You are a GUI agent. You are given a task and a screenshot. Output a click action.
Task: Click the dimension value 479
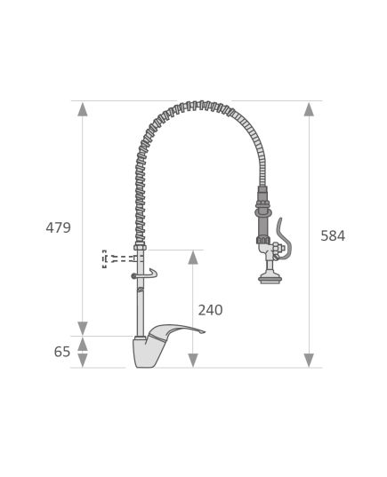pos(58,227)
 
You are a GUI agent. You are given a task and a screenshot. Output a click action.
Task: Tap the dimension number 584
pos(333,235)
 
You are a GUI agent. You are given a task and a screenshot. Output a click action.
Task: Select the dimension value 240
pos(210,310)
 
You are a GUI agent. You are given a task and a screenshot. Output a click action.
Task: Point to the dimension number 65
pos(62,352)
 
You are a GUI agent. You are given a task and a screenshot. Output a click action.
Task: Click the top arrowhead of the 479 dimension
pos(83,109)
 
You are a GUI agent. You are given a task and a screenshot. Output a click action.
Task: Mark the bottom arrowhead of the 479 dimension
pos(83,329)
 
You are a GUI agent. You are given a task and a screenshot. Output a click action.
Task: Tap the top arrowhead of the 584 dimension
pos(309,109)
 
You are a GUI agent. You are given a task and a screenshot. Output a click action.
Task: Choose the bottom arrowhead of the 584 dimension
pos(309,360)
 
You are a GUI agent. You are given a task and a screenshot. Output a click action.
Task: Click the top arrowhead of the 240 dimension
pos(193,258)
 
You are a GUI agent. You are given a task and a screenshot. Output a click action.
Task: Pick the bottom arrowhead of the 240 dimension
pos(193,360)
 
